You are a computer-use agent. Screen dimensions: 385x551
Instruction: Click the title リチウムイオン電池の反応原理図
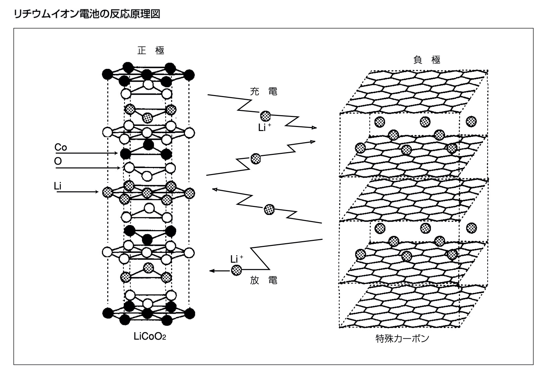[x=87, y=14]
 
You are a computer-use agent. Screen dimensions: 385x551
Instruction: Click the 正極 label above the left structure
[x=151, y=50]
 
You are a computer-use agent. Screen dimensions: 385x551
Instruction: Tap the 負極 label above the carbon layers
[x=427, y=60]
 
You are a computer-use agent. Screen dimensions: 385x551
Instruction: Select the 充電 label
[x=264, y=92]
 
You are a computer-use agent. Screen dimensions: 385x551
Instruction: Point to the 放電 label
[x=264, y=281]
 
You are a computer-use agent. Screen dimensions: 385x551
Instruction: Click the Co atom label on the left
[x=61, y=147]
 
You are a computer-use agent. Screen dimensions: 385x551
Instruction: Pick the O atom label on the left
[x=58, y=162]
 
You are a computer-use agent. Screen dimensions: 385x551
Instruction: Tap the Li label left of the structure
[x=58, y=186]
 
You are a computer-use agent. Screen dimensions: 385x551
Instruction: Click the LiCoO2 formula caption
[x=150, y=337]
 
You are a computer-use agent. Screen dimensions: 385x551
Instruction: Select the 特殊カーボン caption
[x=402, y=339]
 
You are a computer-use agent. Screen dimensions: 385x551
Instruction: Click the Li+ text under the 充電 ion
[x=264, y=128]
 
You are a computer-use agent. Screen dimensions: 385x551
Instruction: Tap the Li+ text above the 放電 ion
[x=237, y=259]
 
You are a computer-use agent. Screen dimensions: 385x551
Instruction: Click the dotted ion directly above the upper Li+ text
[x=265, y=116]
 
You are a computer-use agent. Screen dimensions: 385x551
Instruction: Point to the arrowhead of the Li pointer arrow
[x=97, y=192]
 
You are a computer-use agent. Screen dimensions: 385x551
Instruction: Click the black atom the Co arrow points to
[x=125, y=154]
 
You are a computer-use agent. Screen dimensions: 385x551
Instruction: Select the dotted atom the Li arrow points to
[x=107, y=192]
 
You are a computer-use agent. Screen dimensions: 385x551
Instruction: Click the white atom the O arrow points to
[x=129, y=167]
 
